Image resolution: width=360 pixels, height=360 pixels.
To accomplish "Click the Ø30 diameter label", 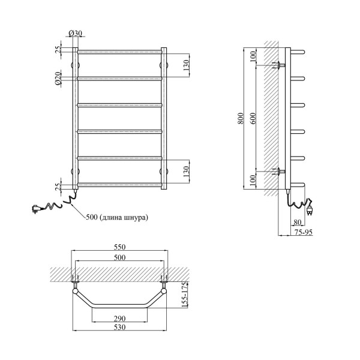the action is click(x=76, y=33).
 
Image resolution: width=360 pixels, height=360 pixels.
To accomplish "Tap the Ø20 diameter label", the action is click(x=58, y=79).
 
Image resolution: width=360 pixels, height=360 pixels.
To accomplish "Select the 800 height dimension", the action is click(x=241, y=118).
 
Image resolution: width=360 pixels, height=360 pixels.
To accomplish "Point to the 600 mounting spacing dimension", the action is click(x=253, y=118).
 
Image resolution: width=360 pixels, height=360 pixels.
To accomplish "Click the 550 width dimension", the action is click(x=120, y=247).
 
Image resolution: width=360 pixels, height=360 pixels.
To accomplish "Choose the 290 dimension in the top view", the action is click(x=120, y=319).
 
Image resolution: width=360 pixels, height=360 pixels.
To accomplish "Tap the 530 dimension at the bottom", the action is click(x=120, y=327).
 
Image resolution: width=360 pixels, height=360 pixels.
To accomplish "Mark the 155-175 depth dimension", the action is click(x=185, y=295).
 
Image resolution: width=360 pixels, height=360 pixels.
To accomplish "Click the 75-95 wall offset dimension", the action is click(x=304, y=232).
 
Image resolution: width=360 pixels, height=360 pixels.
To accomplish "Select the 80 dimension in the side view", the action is click(x=298, y=222).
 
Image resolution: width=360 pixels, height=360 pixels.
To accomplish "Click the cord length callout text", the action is click(x=117, y=217).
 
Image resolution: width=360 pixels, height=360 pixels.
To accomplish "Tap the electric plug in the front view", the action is click(x=37, y=209).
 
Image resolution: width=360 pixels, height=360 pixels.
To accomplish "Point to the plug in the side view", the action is click(x=310, y=208).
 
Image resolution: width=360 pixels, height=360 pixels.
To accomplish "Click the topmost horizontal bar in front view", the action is click(x=119, y=52).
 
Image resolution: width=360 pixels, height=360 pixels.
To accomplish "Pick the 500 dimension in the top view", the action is click(x=120, y=257).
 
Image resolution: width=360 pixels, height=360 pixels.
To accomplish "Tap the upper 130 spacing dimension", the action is click(x=186, y=65).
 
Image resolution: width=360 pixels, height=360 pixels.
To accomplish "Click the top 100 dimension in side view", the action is click(x=253, y=56).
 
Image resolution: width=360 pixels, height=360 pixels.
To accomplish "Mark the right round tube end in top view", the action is click(x=164, y=292).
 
